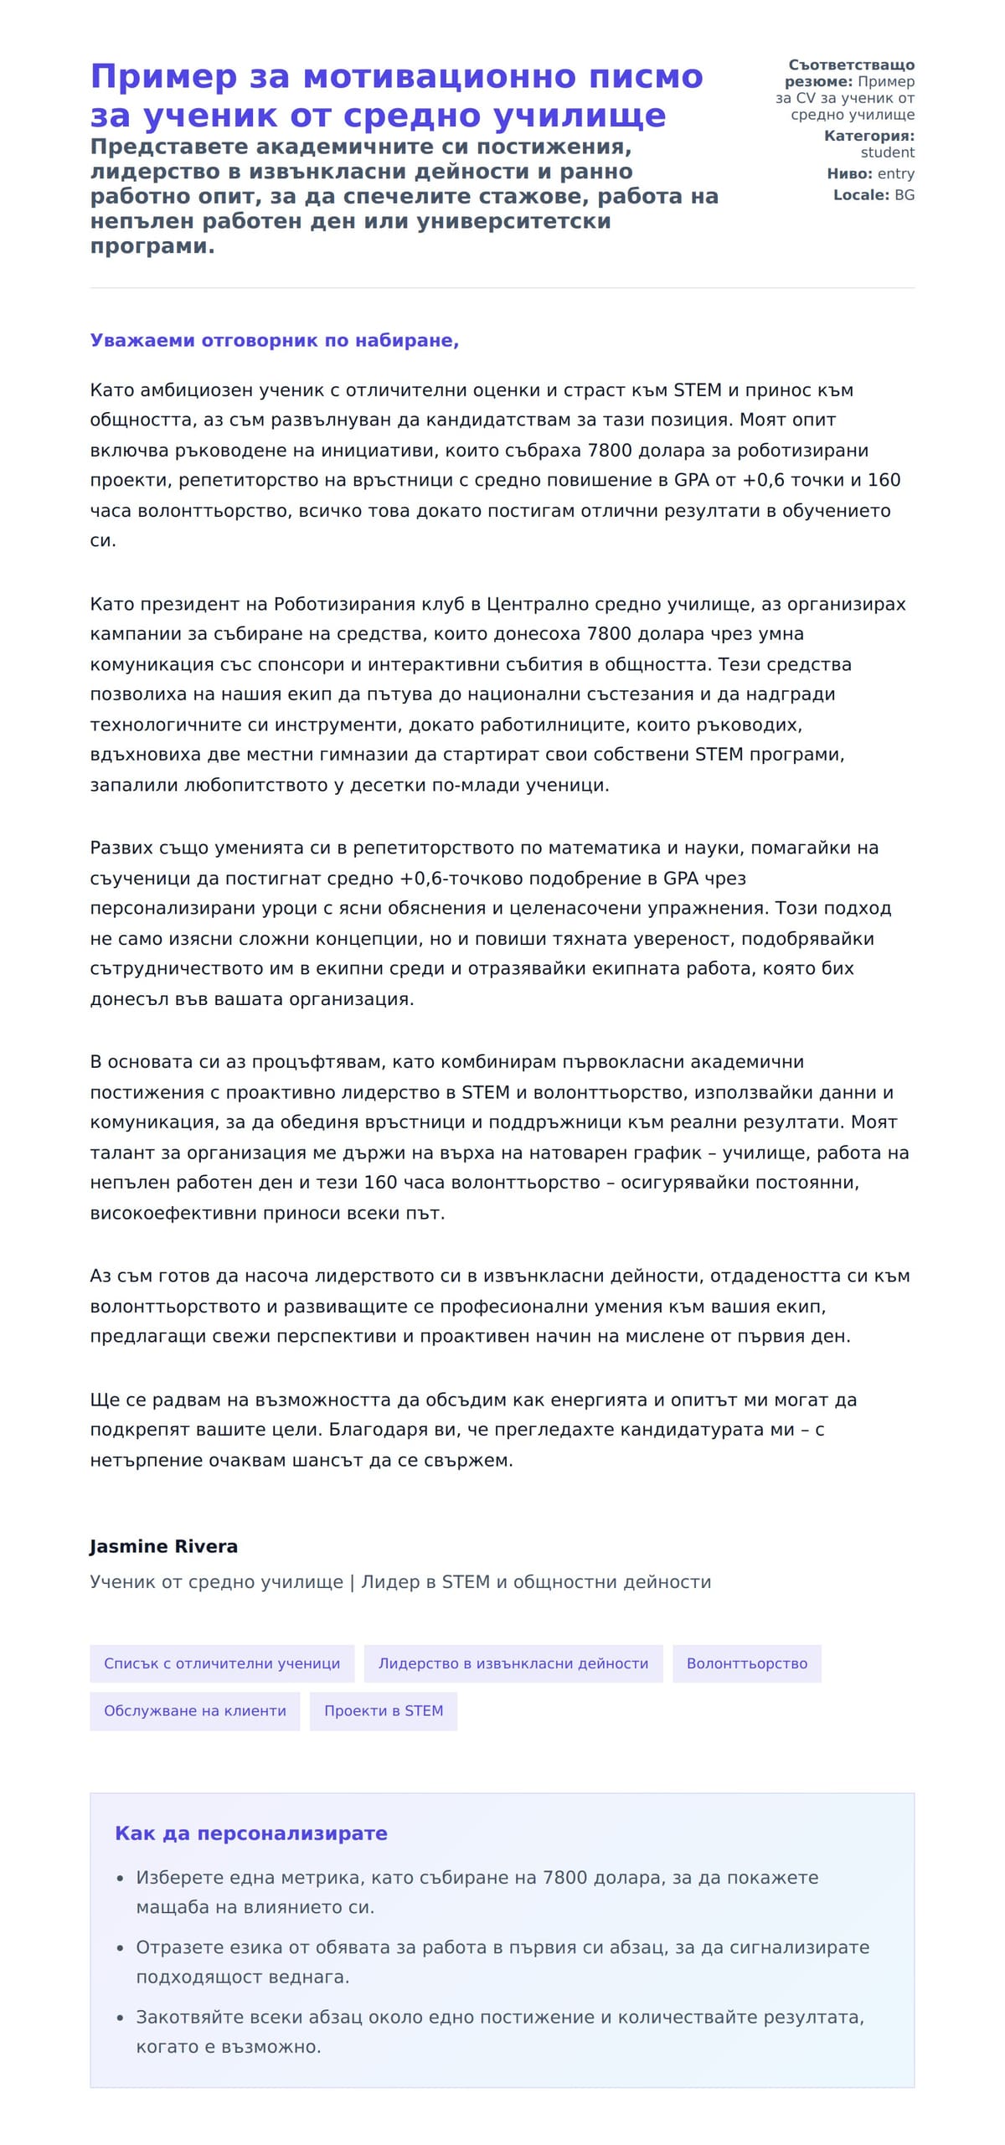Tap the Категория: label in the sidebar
click(x=868, y=136)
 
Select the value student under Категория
click(x=887, y=152)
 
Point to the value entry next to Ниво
click(x=895, y=173)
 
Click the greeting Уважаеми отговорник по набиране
click(x=274, y=341)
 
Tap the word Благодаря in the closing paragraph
click(x=365, y=1430)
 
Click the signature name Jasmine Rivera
click(x=163, y=1547)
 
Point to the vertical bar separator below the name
click(x=352, y=1582)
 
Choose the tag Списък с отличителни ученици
click(x=222, y=1664)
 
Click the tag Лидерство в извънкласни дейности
click(x=513, y=1664)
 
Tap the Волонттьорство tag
click(x=746, y=1664)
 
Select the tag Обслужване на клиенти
click(x=194, y=1711)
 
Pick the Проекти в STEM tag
click(x=383, y=1711)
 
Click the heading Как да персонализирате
click(x=250, y=1833)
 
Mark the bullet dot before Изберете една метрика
click(x=121, y=1879)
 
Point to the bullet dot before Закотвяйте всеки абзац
click(x=121, y=2018)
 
